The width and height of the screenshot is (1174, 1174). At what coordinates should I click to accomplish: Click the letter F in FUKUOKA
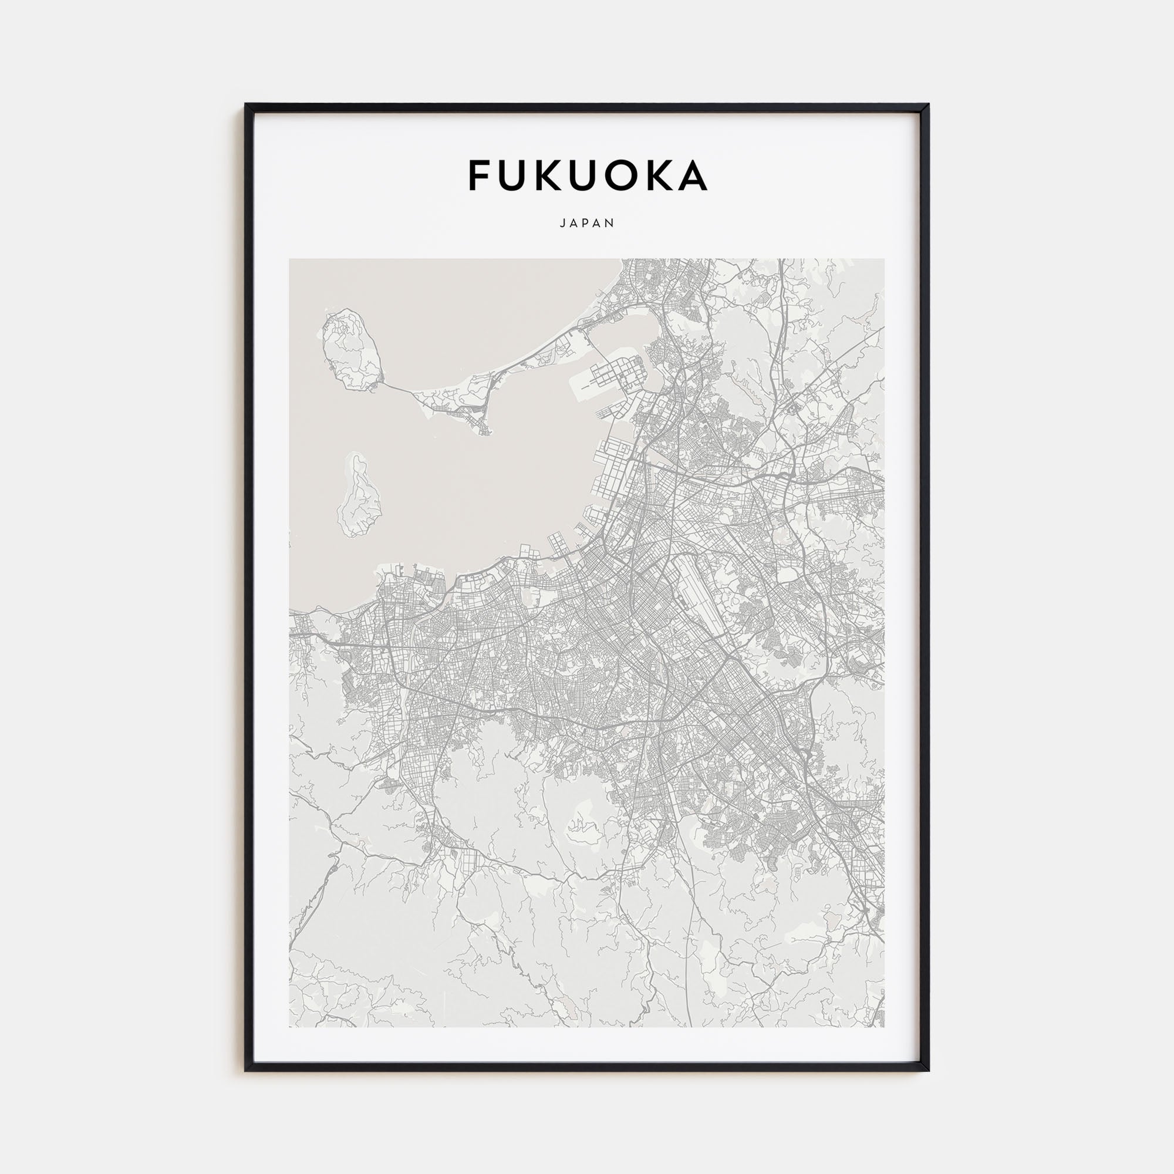point(480,176)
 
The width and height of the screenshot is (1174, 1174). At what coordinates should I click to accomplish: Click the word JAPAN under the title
point(587,223)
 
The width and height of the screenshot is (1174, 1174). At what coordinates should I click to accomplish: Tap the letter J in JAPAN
point(562,223)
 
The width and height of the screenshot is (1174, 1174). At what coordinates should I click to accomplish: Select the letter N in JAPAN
point(610,223)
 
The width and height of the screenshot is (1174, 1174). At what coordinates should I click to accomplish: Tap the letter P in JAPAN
point(587,223)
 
